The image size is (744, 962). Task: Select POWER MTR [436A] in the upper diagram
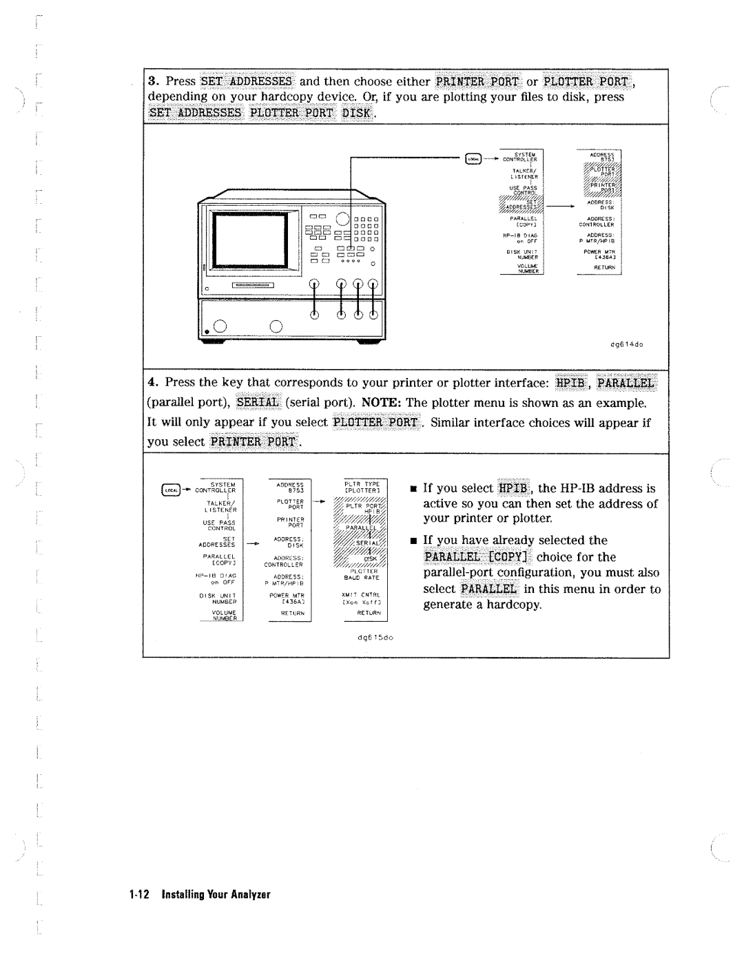(x=599, y=254)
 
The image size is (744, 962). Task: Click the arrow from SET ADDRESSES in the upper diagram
(x=561, y=205)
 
